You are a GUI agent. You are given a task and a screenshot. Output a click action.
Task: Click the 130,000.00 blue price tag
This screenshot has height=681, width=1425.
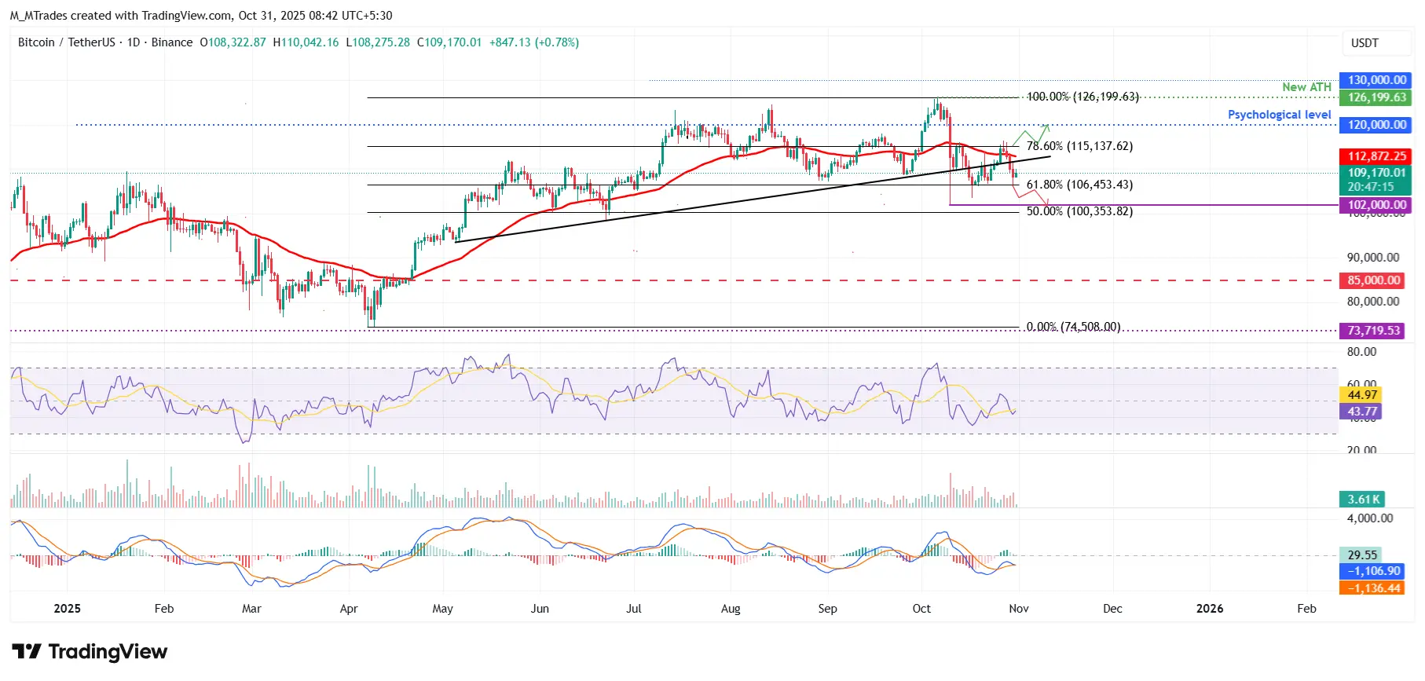tap(1377, 80)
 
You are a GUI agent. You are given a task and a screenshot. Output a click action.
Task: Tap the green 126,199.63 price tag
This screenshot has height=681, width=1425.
tap(1377, 97)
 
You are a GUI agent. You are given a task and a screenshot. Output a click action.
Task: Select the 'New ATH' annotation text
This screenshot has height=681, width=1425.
tap(1306, 87)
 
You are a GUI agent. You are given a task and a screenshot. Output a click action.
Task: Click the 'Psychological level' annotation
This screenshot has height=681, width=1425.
tap(1279, 115)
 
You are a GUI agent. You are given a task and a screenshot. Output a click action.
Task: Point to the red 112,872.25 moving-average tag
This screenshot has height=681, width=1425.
tap(1377, 156)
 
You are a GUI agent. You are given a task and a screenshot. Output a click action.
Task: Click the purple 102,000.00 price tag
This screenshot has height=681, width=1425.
tap(1377, 205)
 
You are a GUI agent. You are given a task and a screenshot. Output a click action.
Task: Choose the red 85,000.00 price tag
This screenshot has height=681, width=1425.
tap(1374, 280)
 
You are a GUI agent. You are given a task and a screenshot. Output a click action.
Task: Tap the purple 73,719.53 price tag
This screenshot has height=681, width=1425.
tap(1374, 331)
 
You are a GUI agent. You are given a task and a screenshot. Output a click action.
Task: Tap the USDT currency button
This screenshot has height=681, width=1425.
tap(1365, 43)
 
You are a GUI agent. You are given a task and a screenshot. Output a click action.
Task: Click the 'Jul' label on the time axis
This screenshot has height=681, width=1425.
tap(634, 609)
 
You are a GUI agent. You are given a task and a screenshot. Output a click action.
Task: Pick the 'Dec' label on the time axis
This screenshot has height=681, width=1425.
tap(1112, 609)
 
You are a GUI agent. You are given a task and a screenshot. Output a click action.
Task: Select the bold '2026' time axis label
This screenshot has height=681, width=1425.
tap(1209, 609)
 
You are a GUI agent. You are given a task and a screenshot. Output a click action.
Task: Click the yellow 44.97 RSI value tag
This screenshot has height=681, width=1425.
tap(1362, 395)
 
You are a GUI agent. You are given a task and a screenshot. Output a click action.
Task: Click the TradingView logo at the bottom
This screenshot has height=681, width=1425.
tap(90, 652)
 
